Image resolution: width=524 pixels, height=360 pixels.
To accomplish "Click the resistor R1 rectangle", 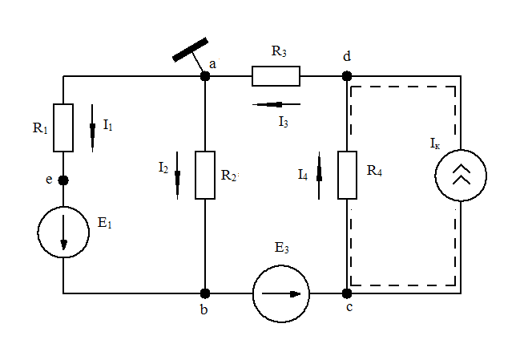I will pos(63,127).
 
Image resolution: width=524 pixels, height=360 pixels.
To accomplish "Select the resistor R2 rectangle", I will pos(205,174).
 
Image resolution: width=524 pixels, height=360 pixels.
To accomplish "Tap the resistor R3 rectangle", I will pos(276,76).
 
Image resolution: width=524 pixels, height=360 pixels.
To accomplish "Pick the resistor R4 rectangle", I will pos(347,174).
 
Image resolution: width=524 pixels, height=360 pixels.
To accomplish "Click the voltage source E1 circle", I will pos(63,232).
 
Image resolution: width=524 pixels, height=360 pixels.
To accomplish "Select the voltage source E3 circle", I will pos(280,293).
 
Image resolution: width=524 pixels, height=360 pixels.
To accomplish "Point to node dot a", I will pos(205,76).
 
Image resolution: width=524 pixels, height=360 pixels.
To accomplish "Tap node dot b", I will pos(205,293).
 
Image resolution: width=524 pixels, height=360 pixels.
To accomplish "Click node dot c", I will pos(347,293).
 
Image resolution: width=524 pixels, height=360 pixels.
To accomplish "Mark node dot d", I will pos(347,76).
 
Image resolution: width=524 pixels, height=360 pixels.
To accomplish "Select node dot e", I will pos(63,180).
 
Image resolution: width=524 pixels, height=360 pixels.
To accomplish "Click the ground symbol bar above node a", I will pos(191,49).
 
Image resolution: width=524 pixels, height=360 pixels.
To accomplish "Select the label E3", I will pos(281,249).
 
